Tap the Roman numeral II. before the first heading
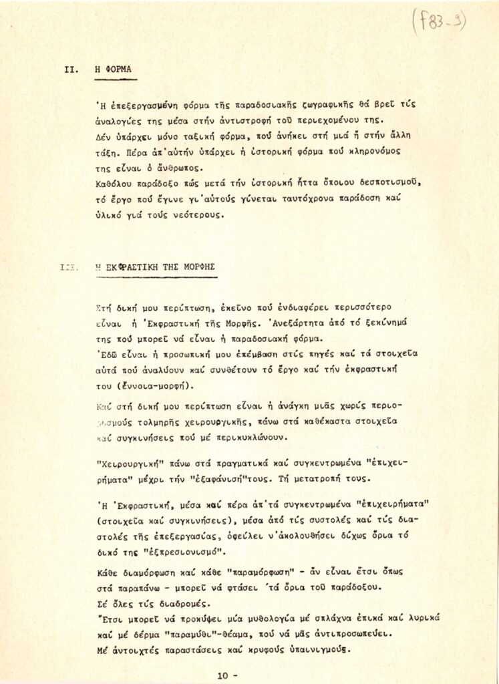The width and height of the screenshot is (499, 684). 71,69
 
